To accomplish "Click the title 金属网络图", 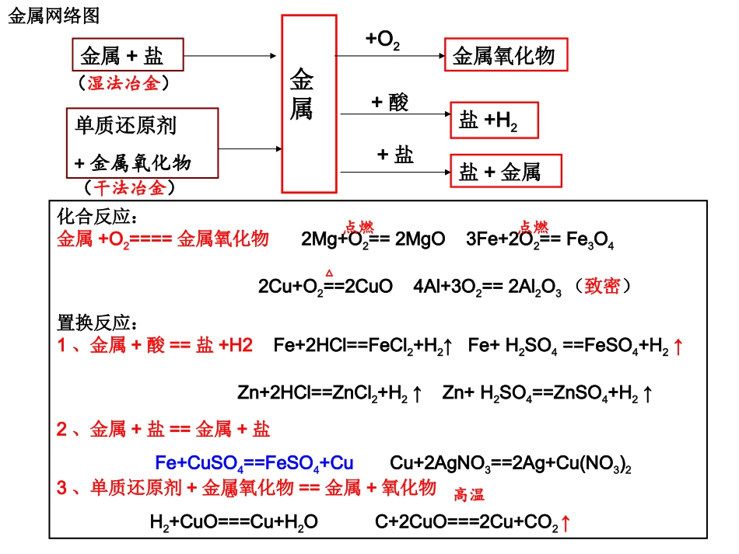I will click(x=54, y=16).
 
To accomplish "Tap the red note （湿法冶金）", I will click(x=124, y=83).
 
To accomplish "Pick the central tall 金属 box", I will click(x=310, y=103).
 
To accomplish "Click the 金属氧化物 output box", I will click(x=505, y=57).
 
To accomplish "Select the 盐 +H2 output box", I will click(x=493, y=120).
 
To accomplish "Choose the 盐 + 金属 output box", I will click(x=505, y=171).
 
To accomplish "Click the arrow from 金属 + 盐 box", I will click(x=230, y=56).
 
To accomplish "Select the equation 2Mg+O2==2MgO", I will click(x=373, y=240).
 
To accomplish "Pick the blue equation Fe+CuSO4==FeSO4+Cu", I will click(x=254, y=464).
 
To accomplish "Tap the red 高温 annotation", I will click(x=469, y=494).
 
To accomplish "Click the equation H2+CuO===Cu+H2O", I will click(x=233, y=523).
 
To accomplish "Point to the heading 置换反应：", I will click(x=97, y=321).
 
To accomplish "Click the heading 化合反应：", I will click(x=97, y=215).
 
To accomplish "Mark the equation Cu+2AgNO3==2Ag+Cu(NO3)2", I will click(x=510, y=464).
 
